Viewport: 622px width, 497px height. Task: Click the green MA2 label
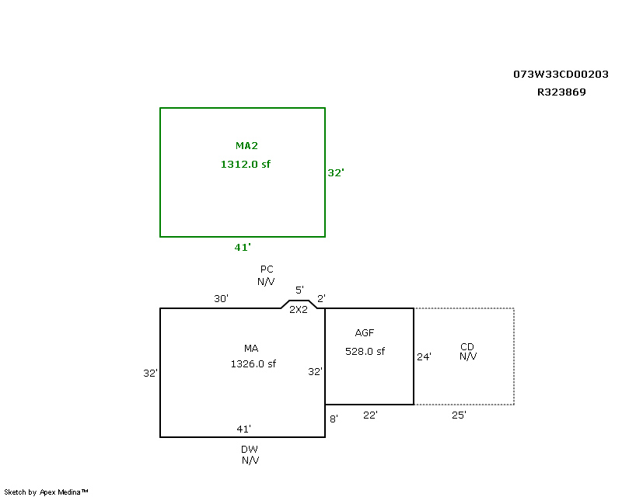click(x=246, y=146)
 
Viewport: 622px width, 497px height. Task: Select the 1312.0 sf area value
click(x=246, y=164)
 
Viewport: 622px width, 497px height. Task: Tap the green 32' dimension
click(x=336, y=173)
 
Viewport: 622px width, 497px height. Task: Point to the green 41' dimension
click(x=243, y=247)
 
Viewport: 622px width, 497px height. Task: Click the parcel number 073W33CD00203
click(x=561, y=74)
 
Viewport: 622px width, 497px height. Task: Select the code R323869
click(x=561, y=92)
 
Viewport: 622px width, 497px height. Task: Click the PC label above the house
click(x=267, y=269)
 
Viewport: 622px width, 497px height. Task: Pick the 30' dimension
click(x=221, y=298)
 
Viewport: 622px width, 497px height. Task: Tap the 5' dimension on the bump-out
click(x=299, y=290)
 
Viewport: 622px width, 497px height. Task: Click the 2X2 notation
click(x=299, y=310)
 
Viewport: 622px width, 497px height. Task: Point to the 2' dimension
click(x=321, y=298)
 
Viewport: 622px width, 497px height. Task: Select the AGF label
click(x=365, y=332)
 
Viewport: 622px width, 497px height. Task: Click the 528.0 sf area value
click(x=365, y=351)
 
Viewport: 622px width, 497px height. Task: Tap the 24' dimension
click(x=424, y=356)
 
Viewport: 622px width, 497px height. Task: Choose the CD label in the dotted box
click(x=467, y=347)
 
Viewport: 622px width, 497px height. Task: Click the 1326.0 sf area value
click(x=253, y=364)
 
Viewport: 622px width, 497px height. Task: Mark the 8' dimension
click(x=334, y=419)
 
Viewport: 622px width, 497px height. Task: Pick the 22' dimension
click(x=370, y=415)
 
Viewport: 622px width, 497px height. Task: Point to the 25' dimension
click(x=459, y=415)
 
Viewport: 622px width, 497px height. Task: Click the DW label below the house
click(x=250, y=450)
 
